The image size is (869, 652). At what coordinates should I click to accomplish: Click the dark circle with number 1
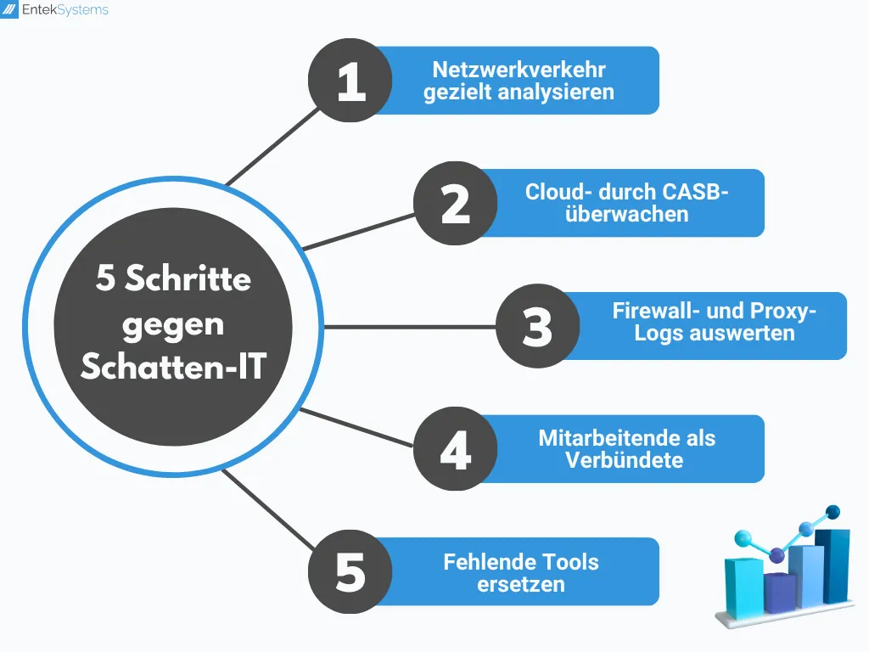(350, 81)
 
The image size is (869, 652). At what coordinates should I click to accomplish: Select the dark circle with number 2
(456, 204)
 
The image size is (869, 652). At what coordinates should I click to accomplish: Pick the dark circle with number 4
(456, 449)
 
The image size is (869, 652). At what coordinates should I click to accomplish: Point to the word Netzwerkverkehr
(519, 70)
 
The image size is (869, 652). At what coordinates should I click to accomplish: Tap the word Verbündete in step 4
(624, 461)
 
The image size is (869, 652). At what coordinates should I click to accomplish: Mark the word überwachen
(626, 214)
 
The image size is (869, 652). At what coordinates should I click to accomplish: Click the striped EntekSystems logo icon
(11, 11)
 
